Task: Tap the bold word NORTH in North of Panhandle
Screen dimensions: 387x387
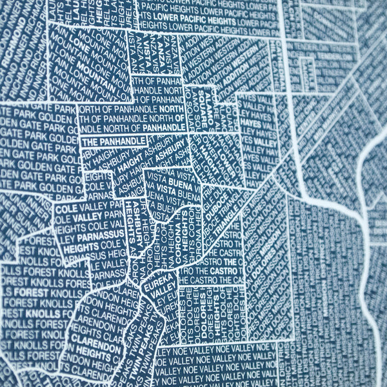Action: [x=173, y=110]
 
